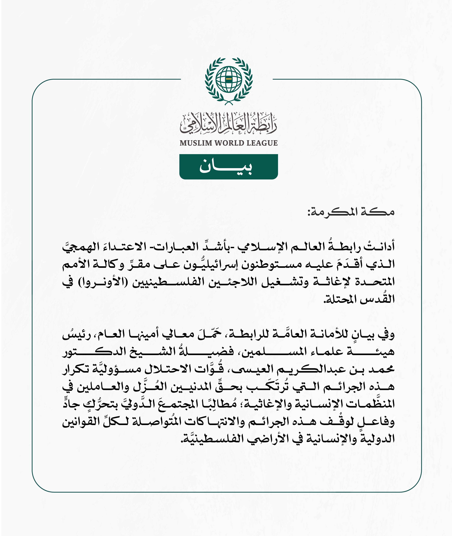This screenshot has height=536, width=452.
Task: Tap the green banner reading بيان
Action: click(x=229, y=167)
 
